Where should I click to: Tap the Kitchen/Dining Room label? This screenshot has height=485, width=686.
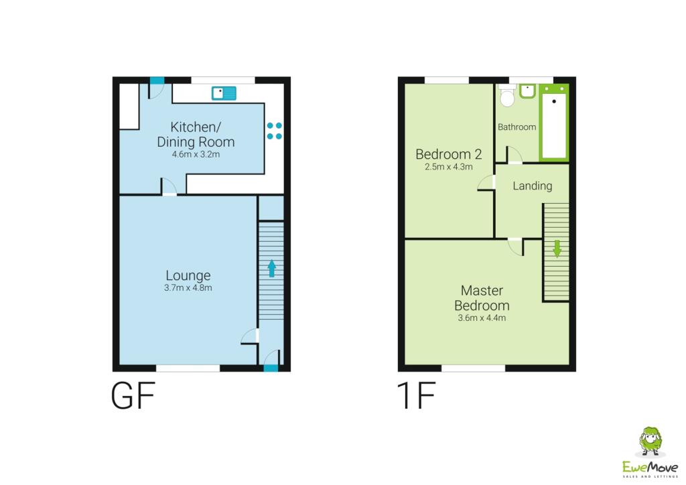click(196, 134)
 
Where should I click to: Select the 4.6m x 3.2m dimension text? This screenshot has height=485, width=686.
click(196, 154)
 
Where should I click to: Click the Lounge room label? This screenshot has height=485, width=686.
click(188, 275)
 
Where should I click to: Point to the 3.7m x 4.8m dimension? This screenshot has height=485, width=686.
click(188, 288)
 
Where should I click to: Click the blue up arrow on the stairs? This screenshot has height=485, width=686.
click(271, 268)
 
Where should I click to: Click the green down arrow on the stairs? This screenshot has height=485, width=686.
click(556, 249)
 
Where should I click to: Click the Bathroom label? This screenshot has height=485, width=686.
click(517, 127)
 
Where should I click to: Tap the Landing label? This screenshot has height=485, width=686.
click(533, 186)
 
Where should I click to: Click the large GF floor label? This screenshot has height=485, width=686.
click(133, 396)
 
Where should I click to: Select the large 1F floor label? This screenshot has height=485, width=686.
click(417, 396)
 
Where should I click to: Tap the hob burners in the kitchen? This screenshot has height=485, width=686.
click(275, 131)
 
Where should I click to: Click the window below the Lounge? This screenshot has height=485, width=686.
click(188, 368)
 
